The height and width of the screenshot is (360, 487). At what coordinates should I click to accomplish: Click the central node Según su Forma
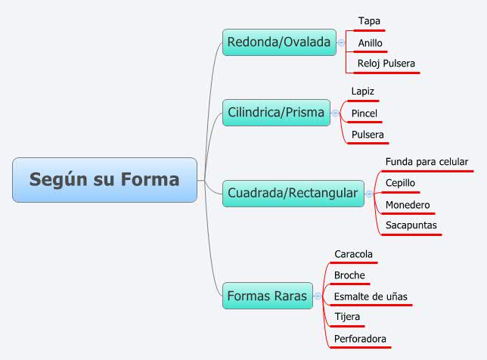click(104, 180)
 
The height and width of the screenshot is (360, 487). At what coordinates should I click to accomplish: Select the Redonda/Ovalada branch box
click(279, 42)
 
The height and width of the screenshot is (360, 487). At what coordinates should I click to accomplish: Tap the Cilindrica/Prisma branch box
click(276, 113)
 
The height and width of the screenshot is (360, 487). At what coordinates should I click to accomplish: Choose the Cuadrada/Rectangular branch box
click(293, 194)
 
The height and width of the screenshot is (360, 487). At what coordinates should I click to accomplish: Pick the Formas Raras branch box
click(267, 296)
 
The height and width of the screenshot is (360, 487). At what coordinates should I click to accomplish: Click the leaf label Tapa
click(369, 21)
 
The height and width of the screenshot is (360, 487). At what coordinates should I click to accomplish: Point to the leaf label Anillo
click(370, 43)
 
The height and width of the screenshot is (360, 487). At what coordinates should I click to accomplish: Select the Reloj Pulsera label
click(386, 64)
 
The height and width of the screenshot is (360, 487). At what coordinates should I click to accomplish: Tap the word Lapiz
click(362, 92)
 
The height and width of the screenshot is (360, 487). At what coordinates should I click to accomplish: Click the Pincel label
click(363, 113)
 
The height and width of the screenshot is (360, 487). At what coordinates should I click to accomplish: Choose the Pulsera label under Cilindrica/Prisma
click(368, 135)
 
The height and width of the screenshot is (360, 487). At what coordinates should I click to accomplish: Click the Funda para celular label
click(427, 162)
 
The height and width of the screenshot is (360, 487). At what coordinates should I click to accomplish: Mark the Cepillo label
click(400, 183)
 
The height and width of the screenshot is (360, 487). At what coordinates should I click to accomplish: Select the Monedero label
click(407, 205)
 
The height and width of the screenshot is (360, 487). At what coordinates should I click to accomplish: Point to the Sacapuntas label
click(411, 225)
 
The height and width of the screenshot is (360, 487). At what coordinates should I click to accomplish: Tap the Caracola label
click(353, 254)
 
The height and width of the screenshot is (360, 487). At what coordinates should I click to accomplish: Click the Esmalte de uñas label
click(371, 296)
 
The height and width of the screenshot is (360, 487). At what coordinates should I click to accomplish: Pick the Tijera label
click(347, 317)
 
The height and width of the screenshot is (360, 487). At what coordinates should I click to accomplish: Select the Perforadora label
click(360, 339)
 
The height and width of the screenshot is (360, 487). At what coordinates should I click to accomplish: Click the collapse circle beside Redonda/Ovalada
click(341, 42)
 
